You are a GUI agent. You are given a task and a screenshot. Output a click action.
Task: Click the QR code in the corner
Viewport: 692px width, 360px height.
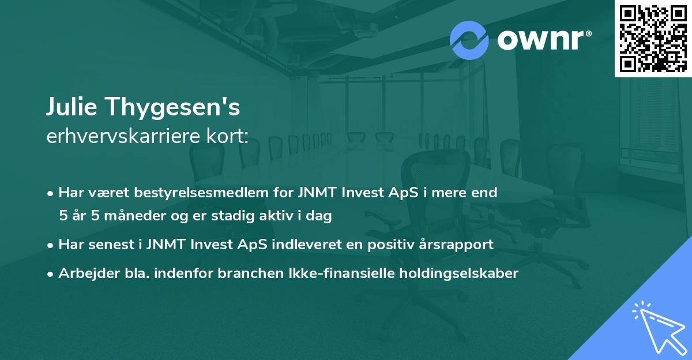652,38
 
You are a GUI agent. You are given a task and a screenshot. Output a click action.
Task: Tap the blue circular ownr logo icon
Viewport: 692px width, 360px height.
469,40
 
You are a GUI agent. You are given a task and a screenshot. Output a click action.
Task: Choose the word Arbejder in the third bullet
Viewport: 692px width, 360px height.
84,273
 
